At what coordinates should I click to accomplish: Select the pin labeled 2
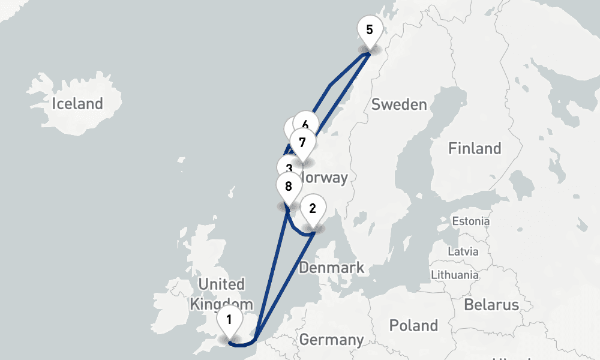point(313,208)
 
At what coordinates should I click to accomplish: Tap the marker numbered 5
point(369,29)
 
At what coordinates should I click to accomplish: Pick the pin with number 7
point(302,143)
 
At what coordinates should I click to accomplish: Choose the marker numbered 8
point(289,186)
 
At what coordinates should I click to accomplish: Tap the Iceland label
point(77,104)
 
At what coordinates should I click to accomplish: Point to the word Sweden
point(399,104)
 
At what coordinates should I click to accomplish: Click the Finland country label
point(475,148)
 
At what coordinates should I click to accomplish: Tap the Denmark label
point(332,268)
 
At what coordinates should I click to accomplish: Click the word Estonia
point(471,221)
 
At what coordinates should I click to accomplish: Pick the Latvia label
point(463,251)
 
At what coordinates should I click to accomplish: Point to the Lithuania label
point(455,275)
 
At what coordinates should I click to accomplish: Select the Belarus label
point(491,304)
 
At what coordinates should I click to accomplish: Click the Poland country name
point(413,326)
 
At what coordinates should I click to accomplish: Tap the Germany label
point(331,340)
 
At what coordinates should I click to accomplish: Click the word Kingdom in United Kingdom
point(217,304)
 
